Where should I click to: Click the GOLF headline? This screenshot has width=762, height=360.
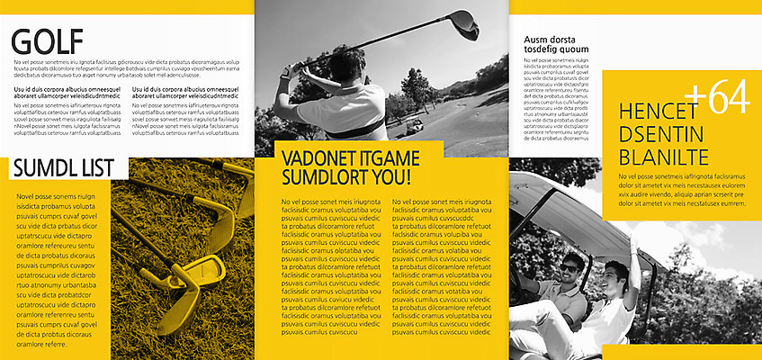[x=47, y=41]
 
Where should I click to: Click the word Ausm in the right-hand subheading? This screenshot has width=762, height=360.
[x=536, y=40]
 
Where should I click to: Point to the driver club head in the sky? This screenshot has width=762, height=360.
[x=464, y=22]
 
